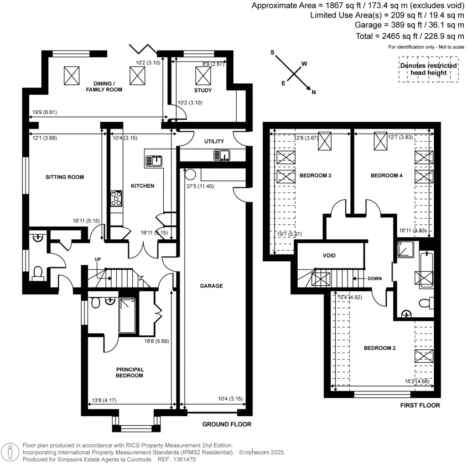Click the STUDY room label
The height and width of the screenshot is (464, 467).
click(203, 90)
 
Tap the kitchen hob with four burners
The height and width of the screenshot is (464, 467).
click(116, 199)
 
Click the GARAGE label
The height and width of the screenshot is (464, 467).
click(211, 286)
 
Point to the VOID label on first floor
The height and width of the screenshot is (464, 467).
click(329, 255)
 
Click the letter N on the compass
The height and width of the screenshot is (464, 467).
click(314, 92)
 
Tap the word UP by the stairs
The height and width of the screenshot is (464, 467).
click(98, 259)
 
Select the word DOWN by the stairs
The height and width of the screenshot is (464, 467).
click(374, 278)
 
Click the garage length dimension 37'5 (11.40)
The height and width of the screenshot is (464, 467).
click(200, 186)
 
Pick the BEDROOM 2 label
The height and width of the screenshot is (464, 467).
click(380, 348)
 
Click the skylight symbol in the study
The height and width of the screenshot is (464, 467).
click(203, 76)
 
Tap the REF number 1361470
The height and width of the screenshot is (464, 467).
click(185, 459)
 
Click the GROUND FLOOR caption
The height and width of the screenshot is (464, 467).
click(227, 424)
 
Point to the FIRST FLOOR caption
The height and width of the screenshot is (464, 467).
click(420, 405)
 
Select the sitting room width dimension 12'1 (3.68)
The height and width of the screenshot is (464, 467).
click(44, 138)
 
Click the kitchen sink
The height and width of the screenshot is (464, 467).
click(154, 161)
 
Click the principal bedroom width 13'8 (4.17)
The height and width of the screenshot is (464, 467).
click(104, 400)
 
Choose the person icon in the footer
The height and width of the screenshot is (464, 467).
click(10, 452)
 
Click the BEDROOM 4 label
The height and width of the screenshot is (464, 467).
click(386, 175)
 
